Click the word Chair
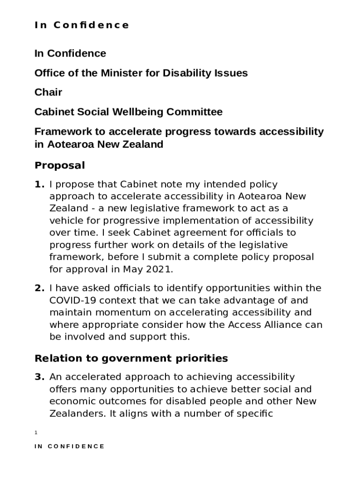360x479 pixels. (x=48, y=92)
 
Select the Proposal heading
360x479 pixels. (x=60, y=165)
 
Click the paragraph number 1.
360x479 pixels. (x=39, y=185)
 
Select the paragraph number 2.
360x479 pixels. (x=39, y=288)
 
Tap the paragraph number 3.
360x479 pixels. (x=39, y=377)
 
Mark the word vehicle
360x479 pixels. (x=65, y=221)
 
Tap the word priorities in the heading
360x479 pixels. (x=198, y=358)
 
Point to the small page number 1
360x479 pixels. (x=36, y=433)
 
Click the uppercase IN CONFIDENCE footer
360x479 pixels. (x=70, y=446)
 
